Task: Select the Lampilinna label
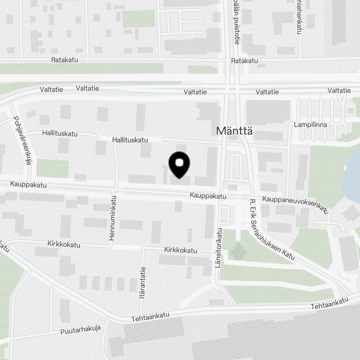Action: click(x=310, y=125)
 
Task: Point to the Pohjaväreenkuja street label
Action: click(x=22, y=140)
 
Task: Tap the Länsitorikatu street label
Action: click(x=219, y=248)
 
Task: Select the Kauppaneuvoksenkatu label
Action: click(x=296, y=204)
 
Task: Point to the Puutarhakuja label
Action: click(x=81, y=329)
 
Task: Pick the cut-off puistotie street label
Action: click(x=236, y=22)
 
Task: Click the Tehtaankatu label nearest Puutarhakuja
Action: click(x=150, y=317)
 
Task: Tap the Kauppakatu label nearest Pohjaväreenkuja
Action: click(x=28, y=185)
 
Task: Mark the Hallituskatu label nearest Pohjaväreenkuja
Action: click(x=60, y=134)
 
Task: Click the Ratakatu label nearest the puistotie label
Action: click(x=244, y=61)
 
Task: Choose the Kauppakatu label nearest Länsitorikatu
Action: click(x=208, y=196)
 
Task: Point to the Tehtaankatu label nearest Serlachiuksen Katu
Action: click(x=330, y=303)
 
